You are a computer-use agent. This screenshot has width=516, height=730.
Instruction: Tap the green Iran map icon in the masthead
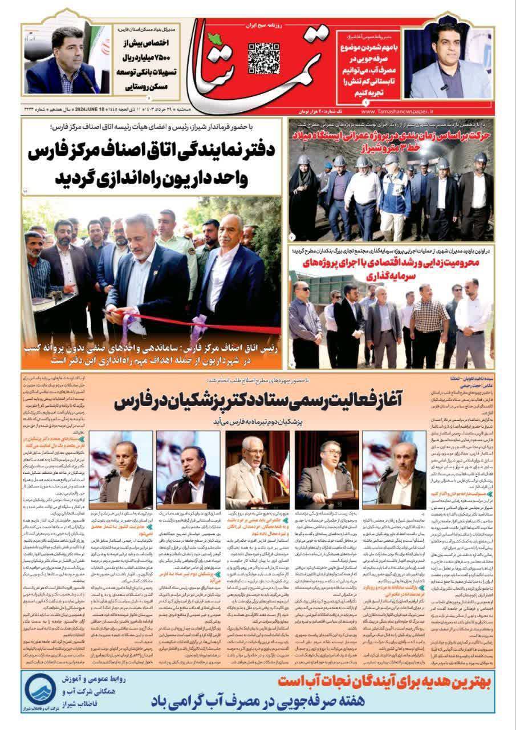tap(215, 38)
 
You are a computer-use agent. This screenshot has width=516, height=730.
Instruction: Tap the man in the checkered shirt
tap(428, 319)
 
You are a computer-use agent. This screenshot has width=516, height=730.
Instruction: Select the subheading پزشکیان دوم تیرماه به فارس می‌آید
tap(257, 421)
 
